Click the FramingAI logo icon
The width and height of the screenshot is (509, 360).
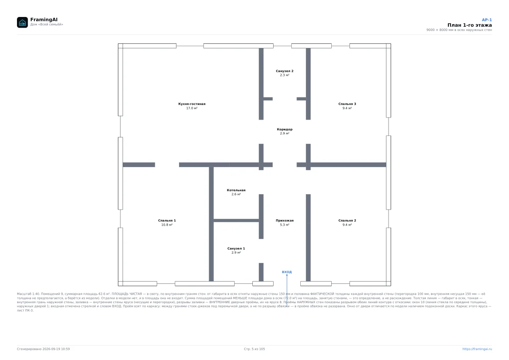22,22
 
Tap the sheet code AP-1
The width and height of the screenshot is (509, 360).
487,20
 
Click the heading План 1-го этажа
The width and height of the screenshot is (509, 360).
470,25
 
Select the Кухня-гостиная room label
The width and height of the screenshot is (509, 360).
192,104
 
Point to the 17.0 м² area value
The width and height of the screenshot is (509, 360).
192,108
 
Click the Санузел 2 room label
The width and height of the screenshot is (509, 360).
285,71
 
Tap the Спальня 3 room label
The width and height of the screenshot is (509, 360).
347,104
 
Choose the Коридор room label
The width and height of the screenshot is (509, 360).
285,129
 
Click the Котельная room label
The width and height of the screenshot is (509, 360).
236,190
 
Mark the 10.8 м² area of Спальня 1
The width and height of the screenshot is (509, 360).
167,225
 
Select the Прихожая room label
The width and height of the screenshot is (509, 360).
285,220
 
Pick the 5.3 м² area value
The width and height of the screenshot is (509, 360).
285,225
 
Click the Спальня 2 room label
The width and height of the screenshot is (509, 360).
347,220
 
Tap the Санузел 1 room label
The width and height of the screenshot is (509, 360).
236,248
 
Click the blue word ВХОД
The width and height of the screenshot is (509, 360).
287,272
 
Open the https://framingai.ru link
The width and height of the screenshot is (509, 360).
477,349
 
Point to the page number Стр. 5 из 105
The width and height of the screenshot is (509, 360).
254,349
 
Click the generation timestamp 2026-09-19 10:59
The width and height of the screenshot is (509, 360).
56,349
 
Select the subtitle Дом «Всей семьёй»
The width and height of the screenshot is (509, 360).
47,24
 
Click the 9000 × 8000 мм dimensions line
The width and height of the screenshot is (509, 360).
459,30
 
